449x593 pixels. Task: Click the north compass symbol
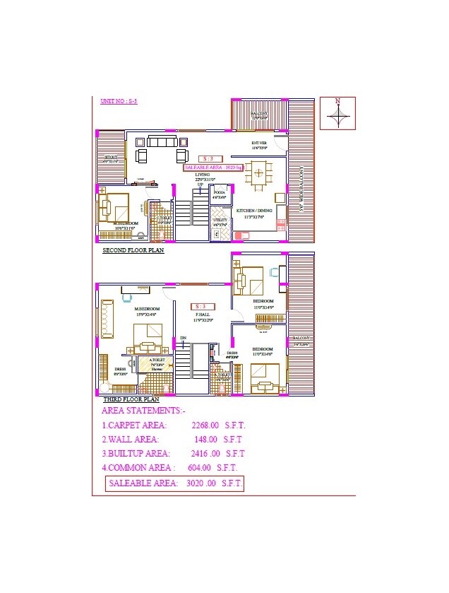337,113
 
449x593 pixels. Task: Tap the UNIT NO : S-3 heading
119,102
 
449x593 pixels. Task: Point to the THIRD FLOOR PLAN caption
131,400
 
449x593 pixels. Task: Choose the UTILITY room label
220,222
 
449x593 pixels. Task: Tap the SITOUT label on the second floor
111,158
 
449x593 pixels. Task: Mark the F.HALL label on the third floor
203,316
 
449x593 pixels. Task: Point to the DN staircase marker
183,339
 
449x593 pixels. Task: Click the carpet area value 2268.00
205,426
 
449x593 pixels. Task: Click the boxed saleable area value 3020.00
200,484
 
